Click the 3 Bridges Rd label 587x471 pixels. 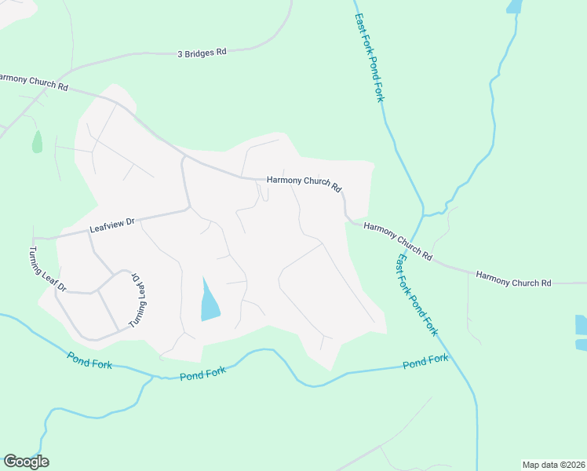[x=202, y=52]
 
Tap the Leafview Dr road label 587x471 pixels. [x=112, y=225]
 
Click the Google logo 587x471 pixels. [x=26, y=462]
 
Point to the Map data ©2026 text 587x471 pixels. [x=553, y=464]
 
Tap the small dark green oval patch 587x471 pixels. [x=37, y=142]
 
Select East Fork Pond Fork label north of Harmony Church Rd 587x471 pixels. [x=369, y=57]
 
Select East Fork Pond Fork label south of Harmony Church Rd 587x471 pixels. [x=416, y=294]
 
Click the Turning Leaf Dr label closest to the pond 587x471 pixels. [x=138, y=300]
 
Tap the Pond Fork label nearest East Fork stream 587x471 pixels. [x=425, y=362]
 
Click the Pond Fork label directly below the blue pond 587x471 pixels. [x=202, y=374]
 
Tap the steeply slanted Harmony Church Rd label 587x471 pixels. [x=398, y=241]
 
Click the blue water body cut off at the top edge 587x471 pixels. [x=514, y=6]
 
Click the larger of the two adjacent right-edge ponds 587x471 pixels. [x=581, y=325]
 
